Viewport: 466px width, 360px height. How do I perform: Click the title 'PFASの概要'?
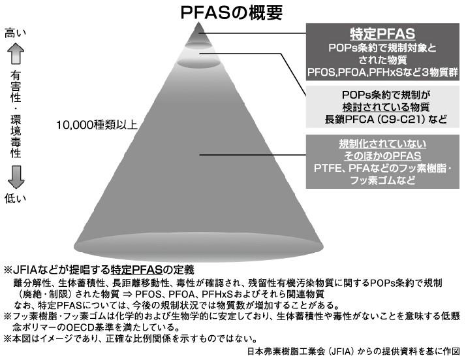(x=232, y=12)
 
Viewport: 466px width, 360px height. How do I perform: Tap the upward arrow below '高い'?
(x=16, y=54)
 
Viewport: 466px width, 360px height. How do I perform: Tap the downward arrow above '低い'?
(x=16, y=177)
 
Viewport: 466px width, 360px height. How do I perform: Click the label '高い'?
(x=16, y=33)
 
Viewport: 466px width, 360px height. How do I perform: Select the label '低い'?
(x=16, y=199)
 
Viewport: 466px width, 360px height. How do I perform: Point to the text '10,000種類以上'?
(x=97, y=125)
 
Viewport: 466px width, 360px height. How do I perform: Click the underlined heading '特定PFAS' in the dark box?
(x=382, y=33)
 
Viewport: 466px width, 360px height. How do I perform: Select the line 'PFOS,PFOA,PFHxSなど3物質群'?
(x=382, y=73)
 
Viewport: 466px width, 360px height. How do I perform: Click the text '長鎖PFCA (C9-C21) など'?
(x=386, y=120)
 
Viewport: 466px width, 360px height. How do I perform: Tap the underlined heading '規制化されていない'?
(x=382, y=144)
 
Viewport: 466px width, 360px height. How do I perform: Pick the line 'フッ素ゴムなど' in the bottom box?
(x=382, y=180)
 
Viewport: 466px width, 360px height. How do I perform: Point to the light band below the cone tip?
(x=199, y=54)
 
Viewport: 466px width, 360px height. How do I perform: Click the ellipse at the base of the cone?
(x=198, y=247)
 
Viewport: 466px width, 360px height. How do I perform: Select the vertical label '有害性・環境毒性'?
(x=16, y=114)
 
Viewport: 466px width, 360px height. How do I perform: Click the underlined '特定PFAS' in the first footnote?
(x=137, y=270)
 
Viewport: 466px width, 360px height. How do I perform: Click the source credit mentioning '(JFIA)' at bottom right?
(x=353, y=352)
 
